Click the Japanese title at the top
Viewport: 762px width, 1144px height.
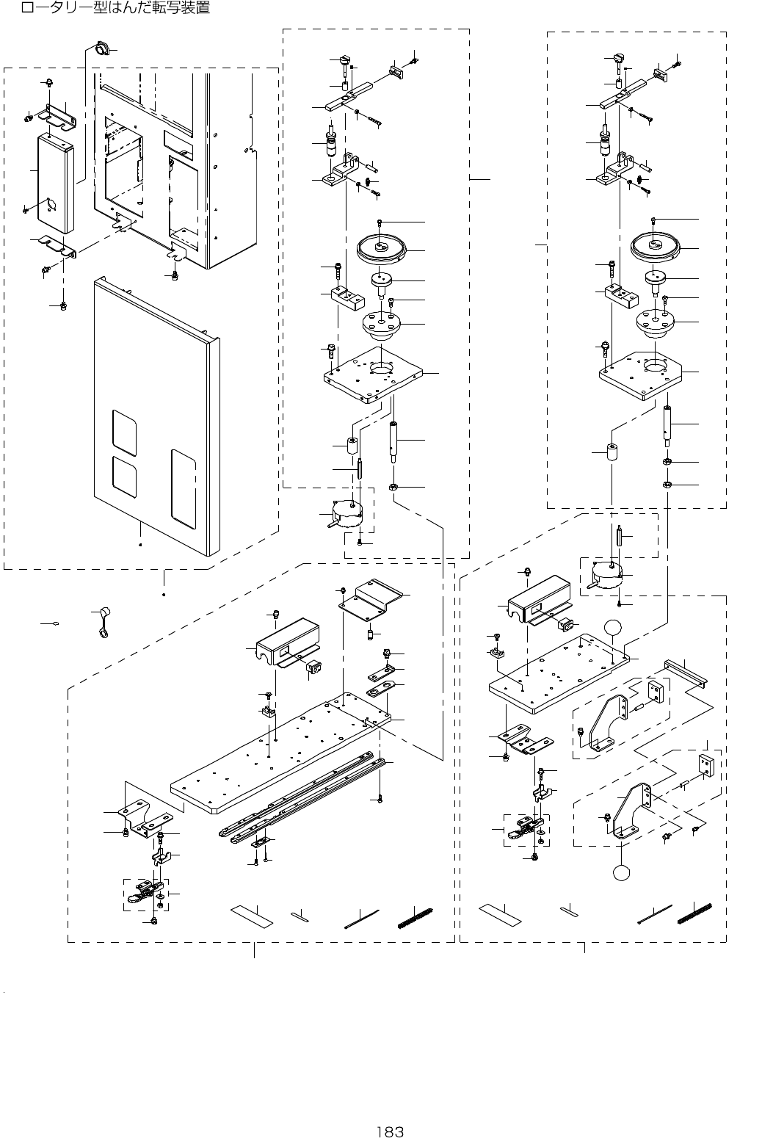(x=115, y=9)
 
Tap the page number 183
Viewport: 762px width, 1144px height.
(x=388, y=1132)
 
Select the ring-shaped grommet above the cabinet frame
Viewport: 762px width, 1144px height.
(x=100, y=50)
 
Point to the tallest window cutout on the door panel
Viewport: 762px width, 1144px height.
(x=183, y=489)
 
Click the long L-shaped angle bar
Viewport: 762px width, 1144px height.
(x=685, y=672)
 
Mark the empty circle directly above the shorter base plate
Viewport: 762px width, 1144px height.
(x=613, y=628)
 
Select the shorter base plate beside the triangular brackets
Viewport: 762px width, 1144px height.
(x=558, y=672)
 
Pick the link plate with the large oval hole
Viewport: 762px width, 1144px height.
(x=381, y=691)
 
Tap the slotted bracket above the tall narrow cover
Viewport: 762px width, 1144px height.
(x=60, y=116)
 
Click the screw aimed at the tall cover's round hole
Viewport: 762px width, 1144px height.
(x=26, y=211)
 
